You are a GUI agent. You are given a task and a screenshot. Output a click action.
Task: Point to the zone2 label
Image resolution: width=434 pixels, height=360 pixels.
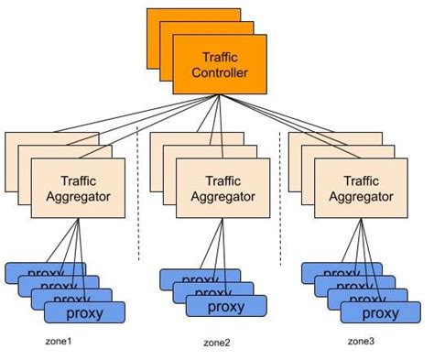tap(216, 343)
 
